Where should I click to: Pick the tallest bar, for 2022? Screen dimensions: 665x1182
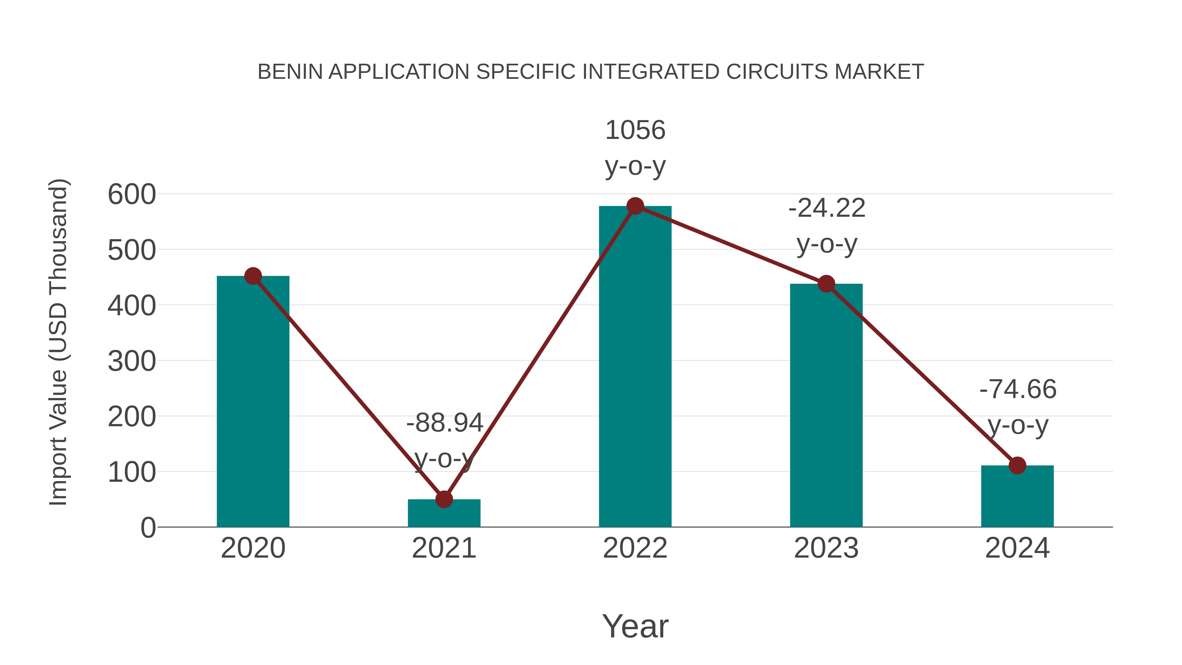[x=635, y=367]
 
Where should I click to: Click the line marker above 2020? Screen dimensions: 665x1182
[x=253, y=276]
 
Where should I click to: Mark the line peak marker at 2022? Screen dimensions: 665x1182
[x=635, y=206]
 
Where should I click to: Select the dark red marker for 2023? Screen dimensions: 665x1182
[x=826, y=284]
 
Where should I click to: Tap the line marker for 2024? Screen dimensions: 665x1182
[x=1017, y=465]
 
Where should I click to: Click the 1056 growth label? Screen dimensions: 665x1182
[x=635, y=130]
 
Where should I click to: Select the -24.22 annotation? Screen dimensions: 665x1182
[x=827, y=208]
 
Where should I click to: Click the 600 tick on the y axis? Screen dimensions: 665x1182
[x=132, y=195]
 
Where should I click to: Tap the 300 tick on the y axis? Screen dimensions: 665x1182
[x=132, y=362]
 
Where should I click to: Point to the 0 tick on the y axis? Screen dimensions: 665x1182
[x=148, y=528]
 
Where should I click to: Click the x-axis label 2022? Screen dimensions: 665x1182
[x=635, y=548]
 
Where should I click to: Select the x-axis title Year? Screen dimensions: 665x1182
[x=635, y=627]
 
